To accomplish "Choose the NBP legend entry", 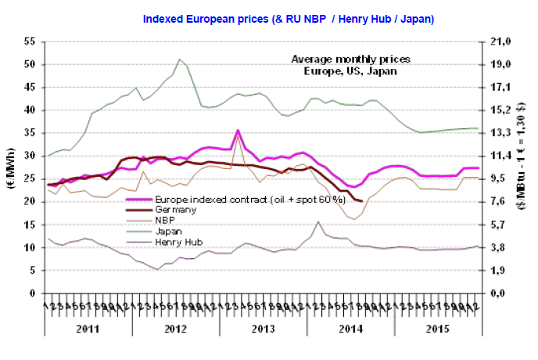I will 166,222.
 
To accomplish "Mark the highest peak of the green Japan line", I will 180,59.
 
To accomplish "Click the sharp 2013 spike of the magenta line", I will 238,130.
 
